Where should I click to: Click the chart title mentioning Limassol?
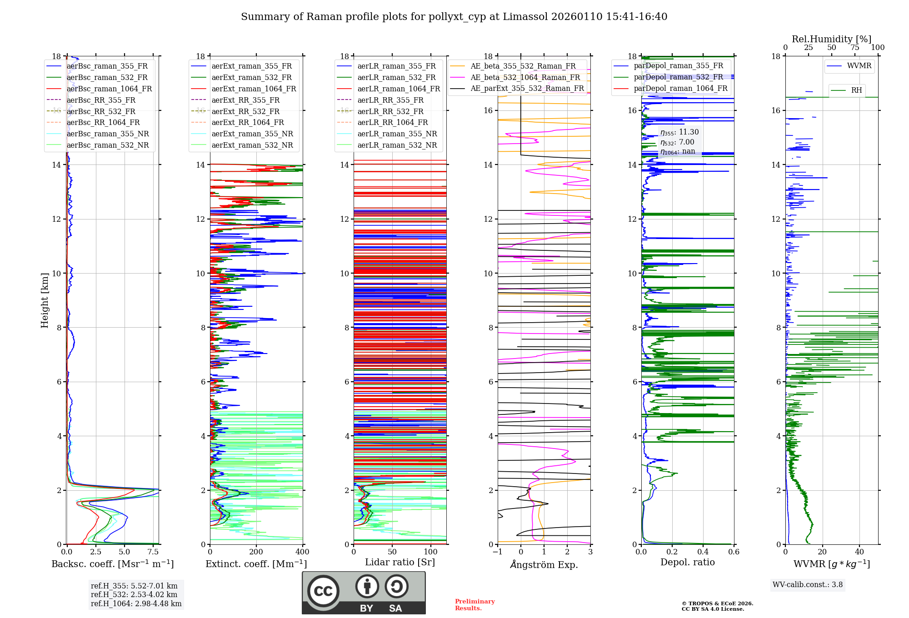(x=454, y=17)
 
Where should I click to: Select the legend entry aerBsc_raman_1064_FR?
(x=109, y=89)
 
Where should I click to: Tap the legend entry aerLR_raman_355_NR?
(x=397, y=134)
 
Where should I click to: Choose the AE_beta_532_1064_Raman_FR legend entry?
(x=525, y=77)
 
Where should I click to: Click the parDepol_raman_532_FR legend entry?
(x=678, y=77)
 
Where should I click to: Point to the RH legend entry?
(x=856, y=90)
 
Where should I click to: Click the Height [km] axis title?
(x=45, y=300)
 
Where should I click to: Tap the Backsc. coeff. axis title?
(x=112, y=564)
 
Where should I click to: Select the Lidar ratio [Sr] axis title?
(x=400, y=562)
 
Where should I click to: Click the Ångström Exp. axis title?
(x=544, y=564)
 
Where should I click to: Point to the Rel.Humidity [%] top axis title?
(x=831, y=39)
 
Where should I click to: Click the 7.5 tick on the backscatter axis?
(x=153, y=552)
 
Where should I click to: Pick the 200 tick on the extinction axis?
(x=256, y=552)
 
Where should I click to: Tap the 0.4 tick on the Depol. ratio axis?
(x=703, y=552)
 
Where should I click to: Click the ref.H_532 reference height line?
(x=134, y=594)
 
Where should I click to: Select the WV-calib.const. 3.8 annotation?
(x=807, y=585)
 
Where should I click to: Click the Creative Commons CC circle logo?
(x=323, y=591)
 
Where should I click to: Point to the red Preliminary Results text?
(x=474, y=605)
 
